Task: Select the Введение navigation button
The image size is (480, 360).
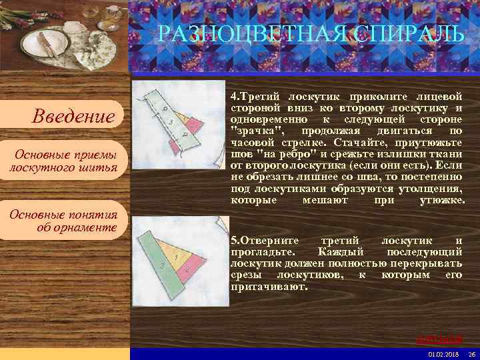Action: pos(73,117)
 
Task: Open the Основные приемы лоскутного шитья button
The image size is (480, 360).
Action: pos(63,161)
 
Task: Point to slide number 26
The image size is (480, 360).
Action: pos(471,353)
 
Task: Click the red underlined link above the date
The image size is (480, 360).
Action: pos(448,339)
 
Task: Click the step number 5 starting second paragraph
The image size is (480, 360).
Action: pos(234,239)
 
